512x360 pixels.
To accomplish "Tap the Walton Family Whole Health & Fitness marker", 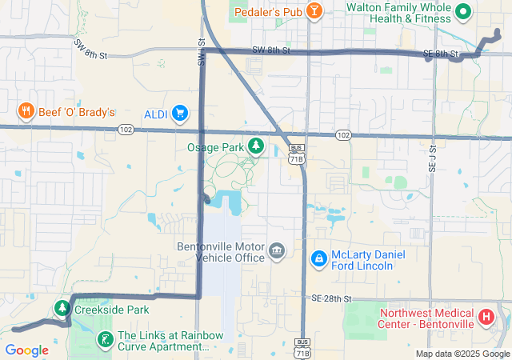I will coord(462,11).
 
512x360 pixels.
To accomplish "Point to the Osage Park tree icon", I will coord(256,146).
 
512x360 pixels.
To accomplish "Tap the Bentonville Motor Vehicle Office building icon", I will coord(277,252).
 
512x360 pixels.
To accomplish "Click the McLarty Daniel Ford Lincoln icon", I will coord(319,258).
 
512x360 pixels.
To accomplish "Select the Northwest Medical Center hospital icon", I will coord(485,318).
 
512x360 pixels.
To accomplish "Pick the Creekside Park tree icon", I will coord(62,308).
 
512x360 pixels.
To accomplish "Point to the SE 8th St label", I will coord(441,54).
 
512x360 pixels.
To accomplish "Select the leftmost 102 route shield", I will coord(125,130).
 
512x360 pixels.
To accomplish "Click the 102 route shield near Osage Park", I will coord(342,135).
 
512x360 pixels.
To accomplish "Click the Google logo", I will coord(26,350).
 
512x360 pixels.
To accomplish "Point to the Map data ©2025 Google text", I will coord(462,354).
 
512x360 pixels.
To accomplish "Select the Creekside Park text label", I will coord(112,310).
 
